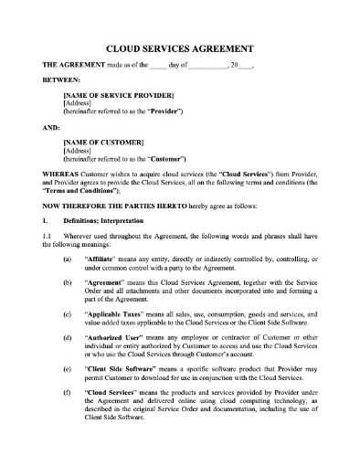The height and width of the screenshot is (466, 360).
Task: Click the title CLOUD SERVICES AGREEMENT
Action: tap(179, 48)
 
